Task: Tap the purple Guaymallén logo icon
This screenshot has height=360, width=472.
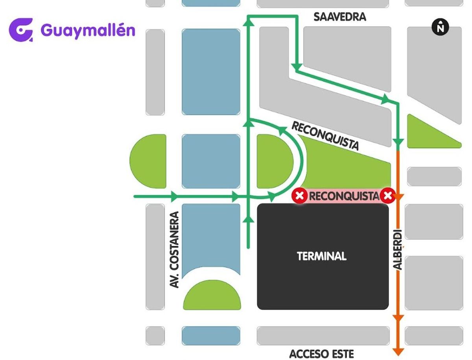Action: (x=21, y=30)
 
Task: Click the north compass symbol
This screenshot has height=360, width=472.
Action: (x=441, y=27)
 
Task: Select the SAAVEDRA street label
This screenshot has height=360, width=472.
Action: (x=340, y=17)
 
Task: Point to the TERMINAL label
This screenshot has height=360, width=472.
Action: (x=322, y=257)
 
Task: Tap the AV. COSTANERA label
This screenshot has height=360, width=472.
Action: (x=175, y=250)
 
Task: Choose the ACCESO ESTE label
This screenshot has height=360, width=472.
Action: (x=322, y=353)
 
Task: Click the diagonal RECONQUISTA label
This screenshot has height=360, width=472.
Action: (x=325, y=135)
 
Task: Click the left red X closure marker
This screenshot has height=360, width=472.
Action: (x=300, y=196)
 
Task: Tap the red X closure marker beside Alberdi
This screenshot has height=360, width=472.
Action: (x=388, y=196)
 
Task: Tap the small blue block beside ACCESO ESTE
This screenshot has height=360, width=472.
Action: (x=211, y=335)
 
